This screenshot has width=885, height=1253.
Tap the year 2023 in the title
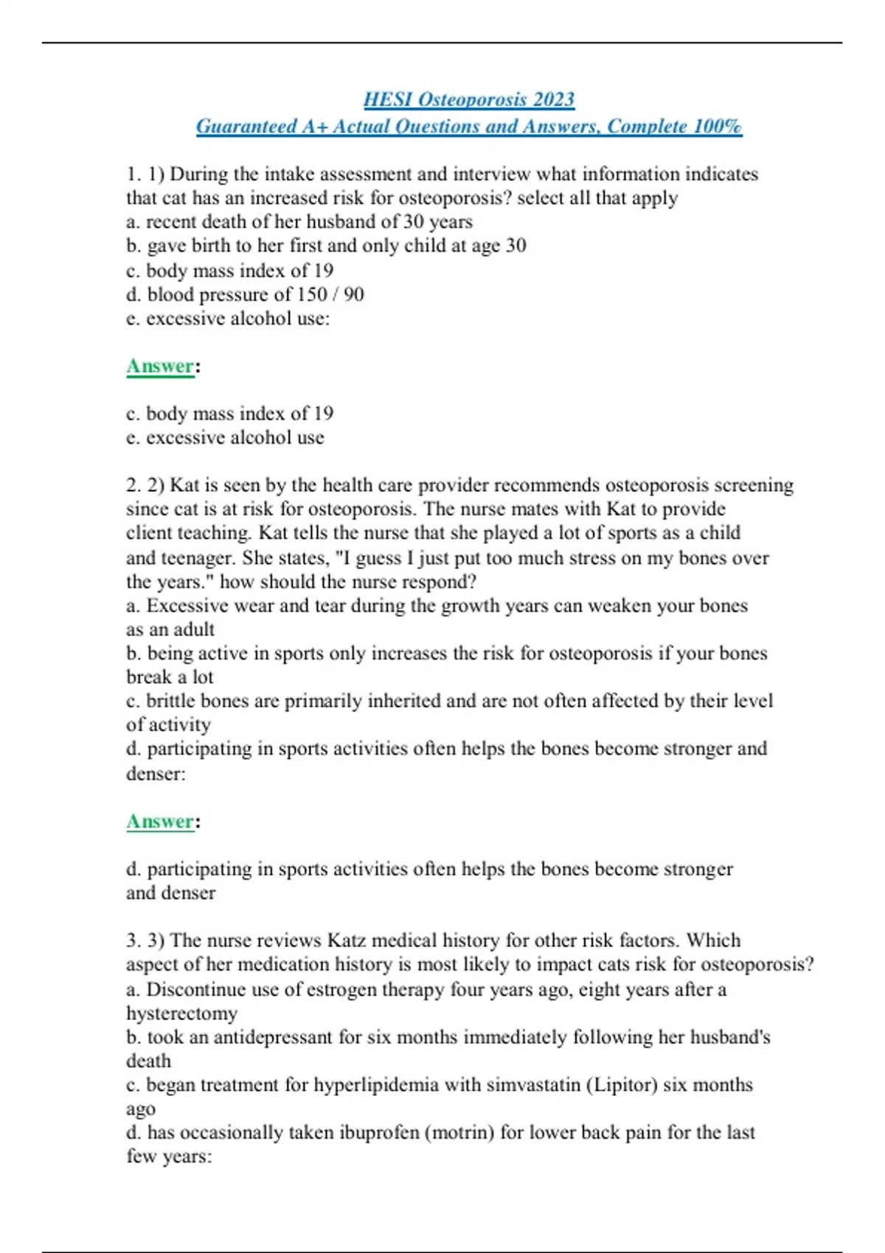554,100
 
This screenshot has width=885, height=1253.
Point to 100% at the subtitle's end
718,127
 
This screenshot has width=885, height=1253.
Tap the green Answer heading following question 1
160,366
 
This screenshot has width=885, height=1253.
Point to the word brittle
170,701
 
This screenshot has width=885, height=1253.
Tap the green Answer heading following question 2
160,822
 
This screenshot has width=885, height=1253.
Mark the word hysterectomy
181,1013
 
